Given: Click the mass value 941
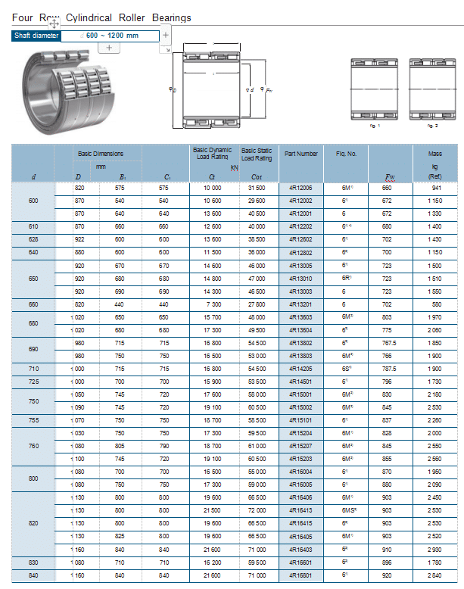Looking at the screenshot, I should point(436,188).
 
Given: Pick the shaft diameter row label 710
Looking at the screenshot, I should point(33,369).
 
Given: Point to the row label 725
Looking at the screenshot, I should point(33,382).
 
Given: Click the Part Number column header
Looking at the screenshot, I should point(301,154).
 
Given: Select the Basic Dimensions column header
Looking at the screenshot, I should point(101,154).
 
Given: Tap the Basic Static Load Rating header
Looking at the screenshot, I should point(257,154).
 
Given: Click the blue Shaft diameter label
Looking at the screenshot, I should point(36,36).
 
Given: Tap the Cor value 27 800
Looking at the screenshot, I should point(257,304).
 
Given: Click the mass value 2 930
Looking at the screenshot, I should point(436,549).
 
